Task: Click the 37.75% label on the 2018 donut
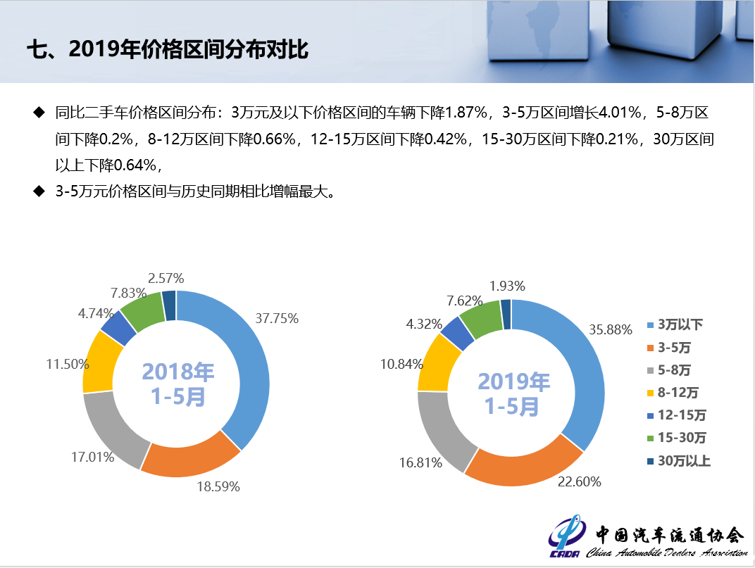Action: click(x=277, y=318)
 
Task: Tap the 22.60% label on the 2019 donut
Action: click(x=579, y=481)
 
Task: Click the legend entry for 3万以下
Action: click(x=675, y=324)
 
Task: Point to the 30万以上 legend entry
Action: click(x=679, y=460)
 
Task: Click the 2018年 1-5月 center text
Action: click(x=177, y=384)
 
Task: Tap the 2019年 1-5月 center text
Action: click(x=513, y=393)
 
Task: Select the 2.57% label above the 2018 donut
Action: click(x=166, y=278)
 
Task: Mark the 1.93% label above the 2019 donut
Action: click(x=507, y=286)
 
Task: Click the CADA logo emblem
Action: click(x=567, y=535)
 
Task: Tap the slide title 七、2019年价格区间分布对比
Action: click(x=168, y=49)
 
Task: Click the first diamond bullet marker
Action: click(x=39, y=113)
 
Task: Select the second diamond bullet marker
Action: click(x=39, y=191)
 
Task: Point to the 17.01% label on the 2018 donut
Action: click(x=92, y=457)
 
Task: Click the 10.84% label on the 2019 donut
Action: click(x=401, y=364)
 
